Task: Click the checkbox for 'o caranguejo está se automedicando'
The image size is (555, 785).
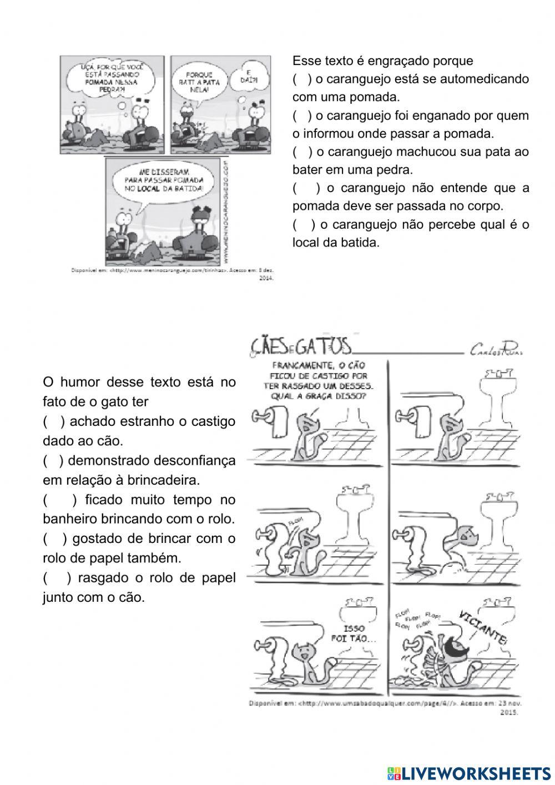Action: tap(302, 79)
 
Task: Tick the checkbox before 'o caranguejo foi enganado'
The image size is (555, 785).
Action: tap(302, 116)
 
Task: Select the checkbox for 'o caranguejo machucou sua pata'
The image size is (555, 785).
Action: tap(302, 152)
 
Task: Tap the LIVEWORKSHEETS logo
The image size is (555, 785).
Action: tap(469, 773)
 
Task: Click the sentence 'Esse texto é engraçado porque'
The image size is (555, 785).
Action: tap(382, 61)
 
